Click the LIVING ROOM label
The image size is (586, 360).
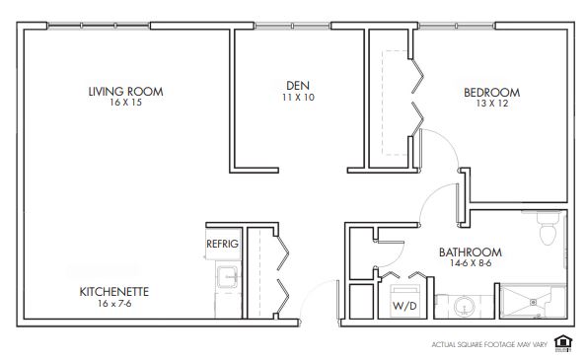[x=125, y=92]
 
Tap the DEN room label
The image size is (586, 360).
[x=298, y=86]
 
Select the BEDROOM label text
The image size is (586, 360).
[x=492, y=93]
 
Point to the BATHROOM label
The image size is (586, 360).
[x=471, y=252]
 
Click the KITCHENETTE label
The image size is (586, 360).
[x=114, y=292]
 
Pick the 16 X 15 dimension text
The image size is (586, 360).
[x=125, y=103]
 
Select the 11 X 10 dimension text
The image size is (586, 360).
[x=298, y=97]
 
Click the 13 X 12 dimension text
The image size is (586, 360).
[x=492, y=104]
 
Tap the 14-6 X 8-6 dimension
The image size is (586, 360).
[x=471, y=263]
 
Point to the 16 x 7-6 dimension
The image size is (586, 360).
[x=114, y=303]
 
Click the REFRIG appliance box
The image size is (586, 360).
[x=223, y=244]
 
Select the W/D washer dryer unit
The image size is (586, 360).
[x=405, y=301]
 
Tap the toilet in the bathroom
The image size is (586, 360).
[x=549, y=228]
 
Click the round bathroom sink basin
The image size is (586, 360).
[x=465, y=307]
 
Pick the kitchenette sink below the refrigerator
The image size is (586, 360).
[x=227, y=277]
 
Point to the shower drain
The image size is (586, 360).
[x=534, y=302]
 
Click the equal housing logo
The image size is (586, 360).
[x=563, y=343]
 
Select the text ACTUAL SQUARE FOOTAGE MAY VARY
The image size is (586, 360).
[x=489, y=344]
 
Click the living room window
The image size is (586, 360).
[x=99, y=26]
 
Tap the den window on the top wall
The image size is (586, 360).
[x=292, y=26]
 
